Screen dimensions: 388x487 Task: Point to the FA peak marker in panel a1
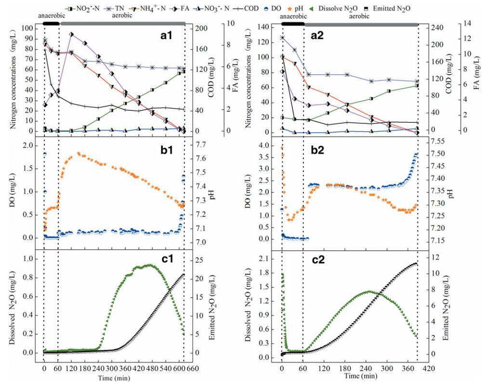tap(71, 34)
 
